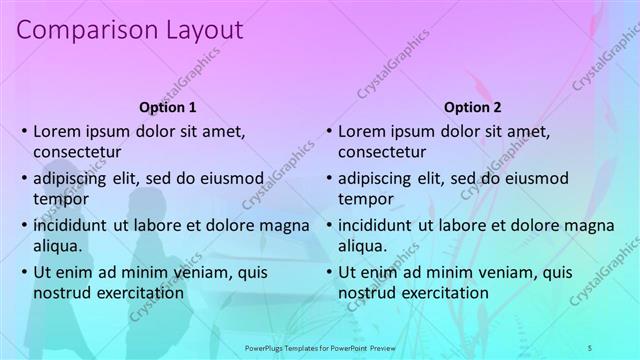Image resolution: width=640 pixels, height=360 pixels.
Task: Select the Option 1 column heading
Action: (x=166, y=107)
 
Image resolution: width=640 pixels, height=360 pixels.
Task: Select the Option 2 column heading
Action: (x=473, y=107)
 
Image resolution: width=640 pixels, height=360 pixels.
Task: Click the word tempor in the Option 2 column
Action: (x=362, y=199)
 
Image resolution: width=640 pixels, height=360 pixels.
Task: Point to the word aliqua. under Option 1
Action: (x=58, y=245)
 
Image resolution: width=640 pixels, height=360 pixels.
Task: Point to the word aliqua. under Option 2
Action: (x=362, y=245)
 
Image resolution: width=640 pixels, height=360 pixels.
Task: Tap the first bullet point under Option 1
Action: (x=24, y=131)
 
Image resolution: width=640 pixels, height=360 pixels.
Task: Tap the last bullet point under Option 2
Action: (x=328, y=272)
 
